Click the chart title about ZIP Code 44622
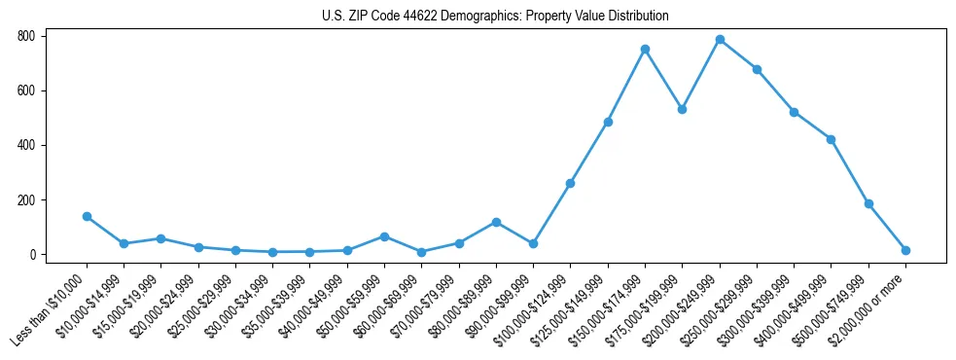(495, 16)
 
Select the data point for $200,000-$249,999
(720, 40)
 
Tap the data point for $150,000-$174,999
(645, 49)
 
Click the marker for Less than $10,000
(87, 216)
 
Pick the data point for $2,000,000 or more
(905, 250)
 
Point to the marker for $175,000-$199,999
(683, 109)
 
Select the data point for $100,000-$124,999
(571, 183)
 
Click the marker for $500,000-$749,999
(868, 203)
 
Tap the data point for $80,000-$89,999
(496, 222)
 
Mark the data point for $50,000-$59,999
(384, 236)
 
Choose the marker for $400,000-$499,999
(831, 139)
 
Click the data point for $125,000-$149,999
(608, 122)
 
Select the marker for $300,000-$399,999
(795, 112)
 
